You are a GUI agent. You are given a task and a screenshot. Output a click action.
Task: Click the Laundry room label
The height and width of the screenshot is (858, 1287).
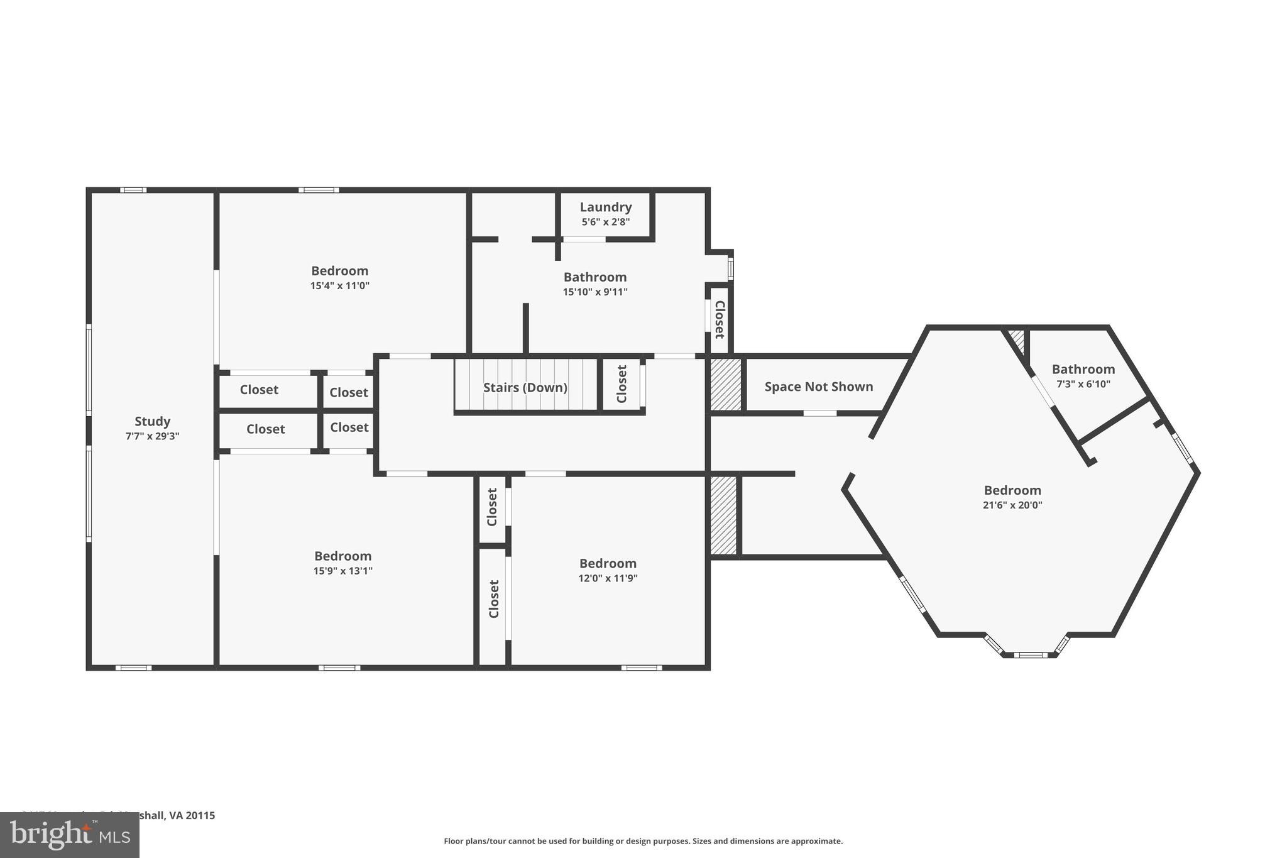click(x=605, y=207)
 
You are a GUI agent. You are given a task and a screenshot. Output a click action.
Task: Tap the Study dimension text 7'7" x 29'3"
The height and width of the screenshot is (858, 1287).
click(x=152, y=436)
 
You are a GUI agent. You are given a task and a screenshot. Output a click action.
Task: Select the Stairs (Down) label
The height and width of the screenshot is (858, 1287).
click(x=525, y=387)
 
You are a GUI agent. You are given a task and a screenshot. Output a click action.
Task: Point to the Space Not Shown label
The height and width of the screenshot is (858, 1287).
click(x=818, y=387)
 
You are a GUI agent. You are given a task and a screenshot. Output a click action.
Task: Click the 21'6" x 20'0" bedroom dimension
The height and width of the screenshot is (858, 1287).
click(x=1012, y=505)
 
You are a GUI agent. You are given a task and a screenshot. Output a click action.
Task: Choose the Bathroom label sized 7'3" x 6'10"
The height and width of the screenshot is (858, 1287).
click(x=1083, y=369)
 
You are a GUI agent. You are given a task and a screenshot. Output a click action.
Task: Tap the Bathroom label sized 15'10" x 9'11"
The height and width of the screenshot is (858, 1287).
click(x=594, y=277)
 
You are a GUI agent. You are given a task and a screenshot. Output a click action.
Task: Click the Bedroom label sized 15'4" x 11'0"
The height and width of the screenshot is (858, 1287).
click(x=339, y=271)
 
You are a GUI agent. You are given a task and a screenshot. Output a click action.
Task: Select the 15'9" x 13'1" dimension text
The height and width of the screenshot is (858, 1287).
click(x=342, y=571)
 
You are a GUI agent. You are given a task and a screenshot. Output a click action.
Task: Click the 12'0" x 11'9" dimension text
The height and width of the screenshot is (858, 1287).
click(x=607, y=578)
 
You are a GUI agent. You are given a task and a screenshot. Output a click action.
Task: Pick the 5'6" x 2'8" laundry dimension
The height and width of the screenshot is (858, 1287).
click(x=605, y=222)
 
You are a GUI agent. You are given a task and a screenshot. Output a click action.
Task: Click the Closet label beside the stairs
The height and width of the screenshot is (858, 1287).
click(x=622, y=384)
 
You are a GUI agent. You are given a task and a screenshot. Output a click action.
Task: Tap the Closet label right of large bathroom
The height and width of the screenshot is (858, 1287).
click(x=720, y=319)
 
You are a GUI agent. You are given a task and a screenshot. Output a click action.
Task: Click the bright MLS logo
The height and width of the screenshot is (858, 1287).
click(x=69, y=835)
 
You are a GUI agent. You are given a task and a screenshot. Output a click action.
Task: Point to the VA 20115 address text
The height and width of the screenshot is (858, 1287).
click(x=192, y=815)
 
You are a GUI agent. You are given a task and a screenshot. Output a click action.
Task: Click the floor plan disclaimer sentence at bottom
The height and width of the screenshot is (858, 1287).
click(x=643, y=841)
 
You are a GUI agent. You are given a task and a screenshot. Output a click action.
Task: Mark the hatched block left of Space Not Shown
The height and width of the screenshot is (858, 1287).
click(x=725, y=384)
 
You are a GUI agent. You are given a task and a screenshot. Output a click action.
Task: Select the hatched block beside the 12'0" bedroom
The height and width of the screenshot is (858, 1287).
click(x=723, y=515)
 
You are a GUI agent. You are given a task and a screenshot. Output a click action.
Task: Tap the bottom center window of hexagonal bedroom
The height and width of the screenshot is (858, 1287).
click(x=1030, y=655)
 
